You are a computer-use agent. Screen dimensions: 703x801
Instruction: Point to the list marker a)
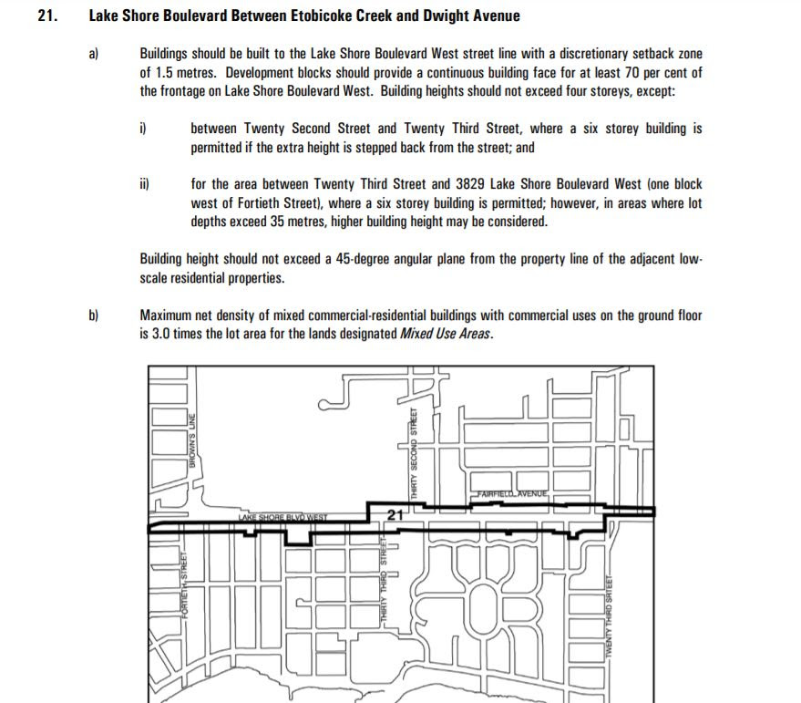pyautogui.click(x=94, y=55)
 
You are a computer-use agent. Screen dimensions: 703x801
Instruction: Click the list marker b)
pyautogui.click(x=94, y=315)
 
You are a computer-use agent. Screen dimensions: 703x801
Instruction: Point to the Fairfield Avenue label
pyautogui.click(x=508, y=495)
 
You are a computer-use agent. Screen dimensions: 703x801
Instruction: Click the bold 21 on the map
pyautogui.click(x=395, y=516)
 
